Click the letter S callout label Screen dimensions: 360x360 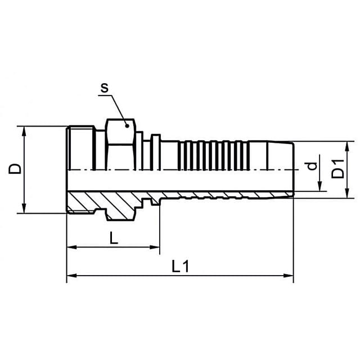[x=105, y=88]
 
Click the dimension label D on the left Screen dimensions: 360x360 [x=15, y=169]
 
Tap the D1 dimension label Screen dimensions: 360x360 [x=338, y=169]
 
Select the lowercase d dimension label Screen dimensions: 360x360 [x=312, y=166]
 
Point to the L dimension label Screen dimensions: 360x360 [x=114, y=237]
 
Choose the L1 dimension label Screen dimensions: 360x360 [x=181, y=266]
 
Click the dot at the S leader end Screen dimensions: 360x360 [x=127, y=125]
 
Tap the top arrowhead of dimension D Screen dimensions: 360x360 [x=24, y=131]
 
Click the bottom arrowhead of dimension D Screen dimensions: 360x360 [x=24, y=209]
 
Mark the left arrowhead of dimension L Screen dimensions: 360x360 [x=71, y=247]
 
